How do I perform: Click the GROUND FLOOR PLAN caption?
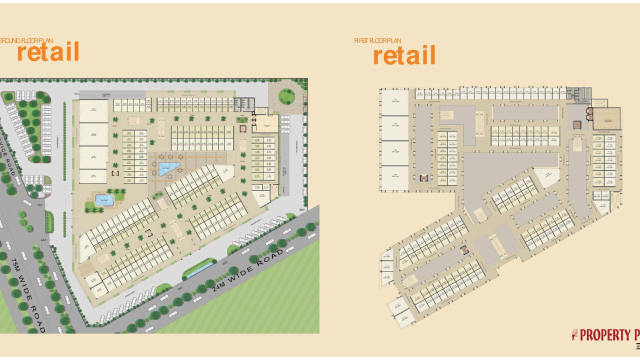(x=26, y=40)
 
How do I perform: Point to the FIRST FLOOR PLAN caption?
(x=377, y=40)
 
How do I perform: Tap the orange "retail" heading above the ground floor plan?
(x=48, y=52)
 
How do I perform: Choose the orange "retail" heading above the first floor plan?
(x=404, y=55)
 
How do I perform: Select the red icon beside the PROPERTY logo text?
(x=575, y=334)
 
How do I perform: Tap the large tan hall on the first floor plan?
(x=606, y=118)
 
